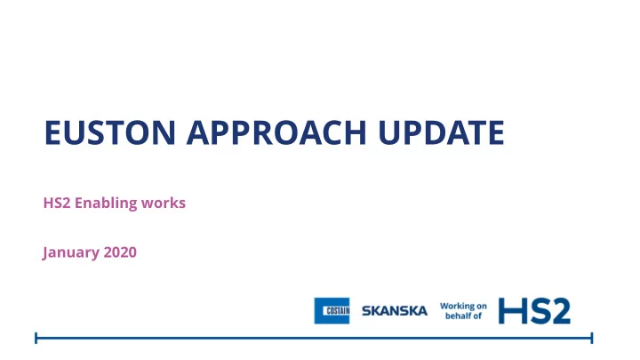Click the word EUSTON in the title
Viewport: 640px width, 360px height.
tap(110, 132)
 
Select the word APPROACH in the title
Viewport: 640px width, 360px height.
tap(276, 132)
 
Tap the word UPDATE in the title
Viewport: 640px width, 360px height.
tap(441, 132)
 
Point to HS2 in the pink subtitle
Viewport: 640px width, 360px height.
tap(57, 203)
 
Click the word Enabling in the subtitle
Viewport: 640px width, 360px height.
tap(106, 204)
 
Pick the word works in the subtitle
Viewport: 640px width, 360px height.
tap(164, 203)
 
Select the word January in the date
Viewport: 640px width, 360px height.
tap(71, 252)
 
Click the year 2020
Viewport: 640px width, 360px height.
tap(120, 252)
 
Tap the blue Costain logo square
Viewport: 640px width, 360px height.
tap(332, 310)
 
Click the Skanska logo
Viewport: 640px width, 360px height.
tap(395, 311)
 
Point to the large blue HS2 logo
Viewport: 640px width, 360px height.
tap(534, 311)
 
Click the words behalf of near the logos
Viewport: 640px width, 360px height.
tap(463, 316)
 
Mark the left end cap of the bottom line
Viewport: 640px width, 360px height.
tap(36, 338)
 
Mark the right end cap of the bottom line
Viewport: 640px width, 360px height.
tap(592, 338)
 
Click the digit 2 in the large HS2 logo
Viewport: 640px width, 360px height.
tap(559, 311)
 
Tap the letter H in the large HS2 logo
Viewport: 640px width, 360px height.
tap(510, 311)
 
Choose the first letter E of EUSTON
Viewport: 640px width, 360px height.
tap(52, 132)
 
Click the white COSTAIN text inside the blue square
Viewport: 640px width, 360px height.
tap(338, 311)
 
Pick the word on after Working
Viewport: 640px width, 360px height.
tap(482, 306)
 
